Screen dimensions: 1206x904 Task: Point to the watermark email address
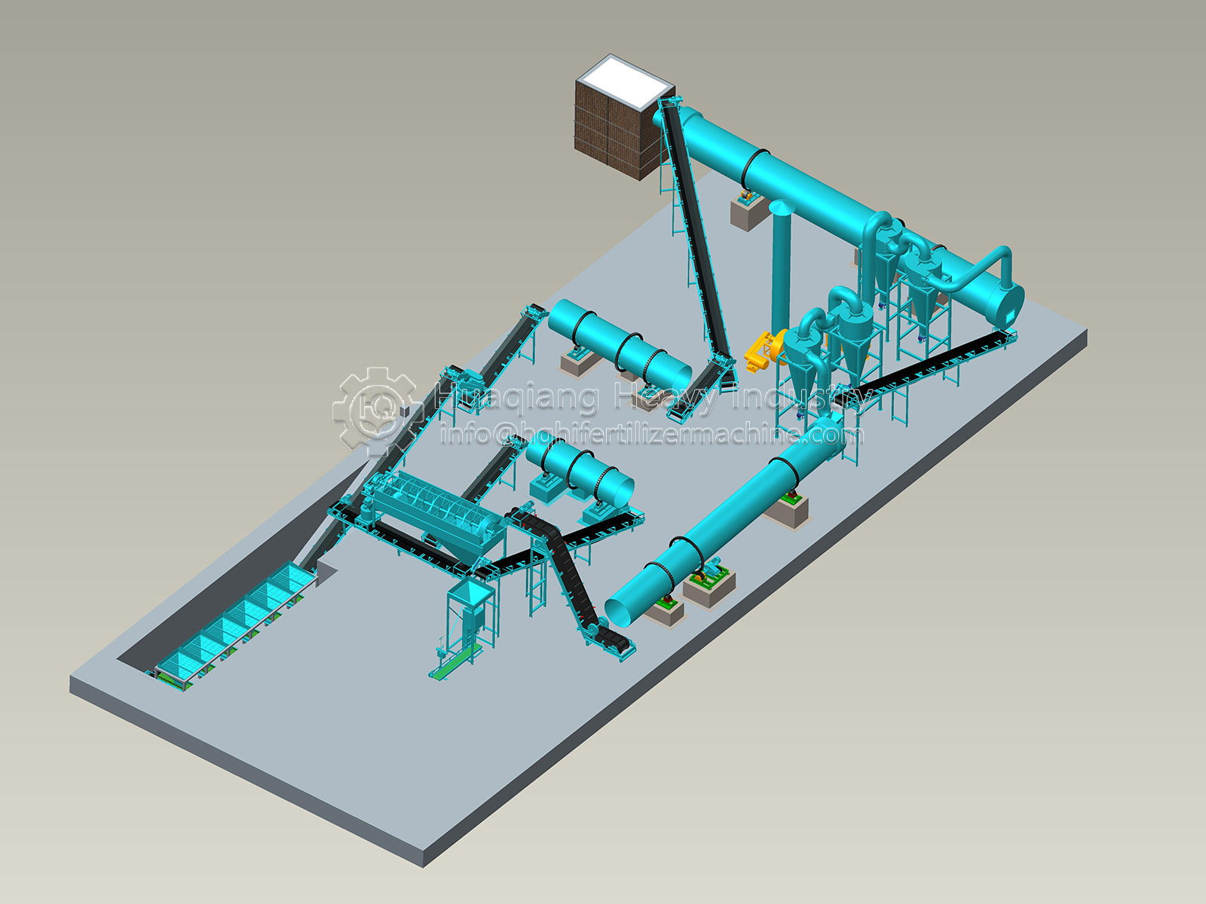pyautogui.click(x=652, y=435)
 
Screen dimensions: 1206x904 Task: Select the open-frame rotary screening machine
pyautogui.click(x=435, y=508)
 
